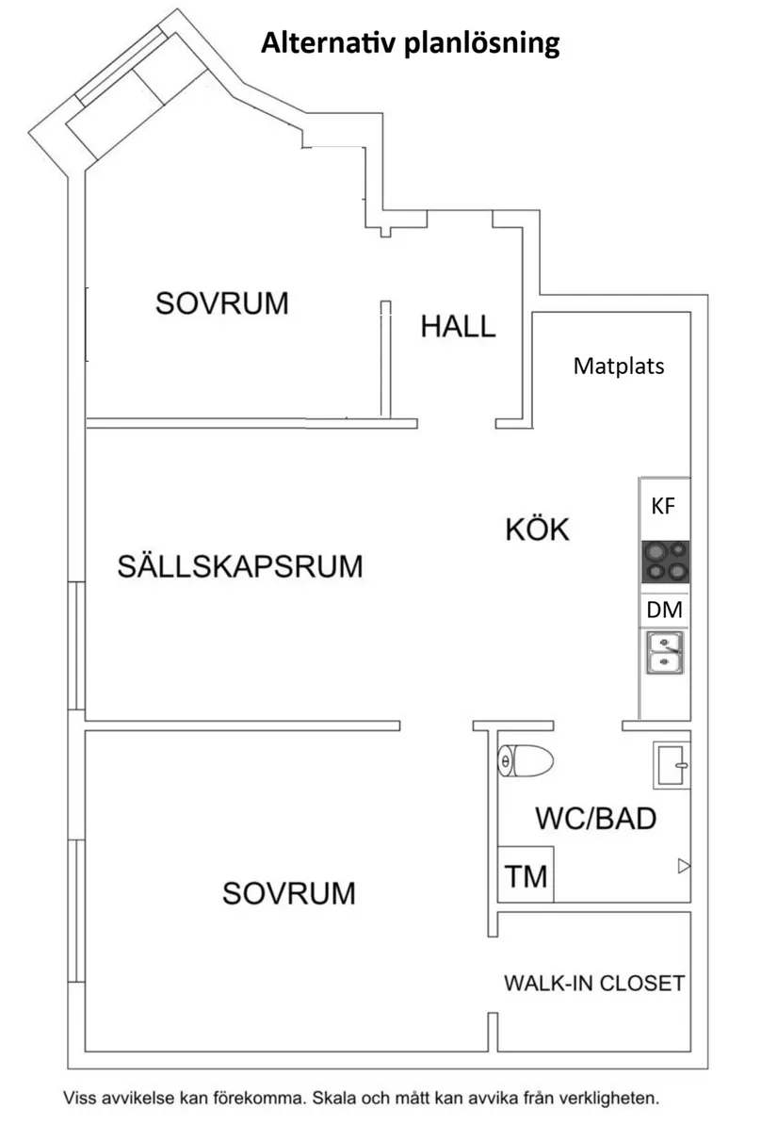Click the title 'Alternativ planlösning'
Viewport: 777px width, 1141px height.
[x=411, y=43]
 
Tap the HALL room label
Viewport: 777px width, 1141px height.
[x=458, y=326]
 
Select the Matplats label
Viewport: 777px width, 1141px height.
[x=618, y=366]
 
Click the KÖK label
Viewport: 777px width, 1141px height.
[x=538, y=530]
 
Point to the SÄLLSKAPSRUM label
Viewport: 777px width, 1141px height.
[x=240, y=566]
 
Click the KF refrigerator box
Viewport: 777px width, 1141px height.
[x=664, y=508]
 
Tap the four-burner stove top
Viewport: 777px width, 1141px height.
[x=664, y=562]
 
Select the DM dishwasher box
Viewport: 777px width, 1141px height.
[x=664, y=611]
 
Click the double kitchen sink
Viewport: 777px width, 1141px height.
[x=665, y=653]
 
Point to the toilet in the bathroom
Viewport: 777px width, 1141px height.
[x=526, y=760]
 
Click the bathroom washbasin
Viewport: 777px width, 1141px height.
[x=672, y=765]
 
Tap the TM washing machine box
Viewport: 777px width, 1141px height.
[x=526, y=876]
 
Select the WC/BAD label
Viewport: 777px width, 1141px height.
[x=595, y=818]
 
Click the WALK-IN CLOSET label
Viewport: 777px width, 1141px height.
[x=594, y=984]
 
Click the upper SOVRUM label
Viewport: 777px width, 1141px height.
[x=222, y=303]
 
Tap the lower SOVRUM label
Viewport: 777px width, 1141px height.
[x=289, y=892]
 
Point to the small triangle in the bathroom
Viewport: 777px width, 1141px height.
[x=684, y=866]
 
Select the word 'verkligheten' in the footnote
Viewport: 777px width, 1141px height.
[x=613, y=1099]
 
